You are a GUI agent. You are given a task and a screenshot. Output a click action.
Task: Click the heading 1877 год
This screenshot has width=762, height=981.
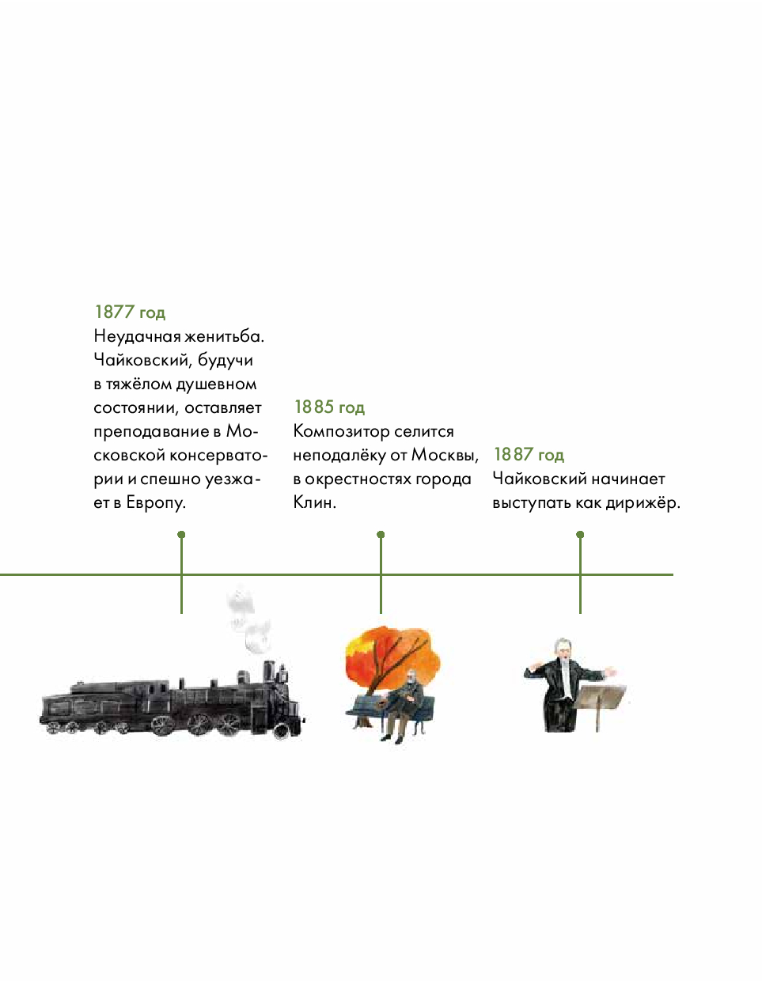[x=130, y=312]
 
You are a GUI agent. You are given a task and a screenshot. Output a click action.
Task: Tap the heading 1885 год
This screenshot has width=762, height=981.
[x=329, y=407]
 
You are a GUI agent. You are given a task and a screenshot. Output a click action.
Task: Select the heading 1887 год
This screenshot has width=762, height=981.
[x=529, y=454]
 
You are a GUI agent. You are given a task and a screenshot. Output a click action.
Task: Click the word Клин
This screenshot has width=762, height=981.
[x=315, y=502]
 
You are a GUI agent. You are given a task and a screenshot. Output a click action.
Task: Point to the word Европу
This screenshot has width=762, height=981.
[x=156, y=503]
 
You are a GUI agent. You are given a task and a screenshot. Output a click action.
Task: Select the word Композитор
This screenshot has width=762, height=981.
[x=341, y=432]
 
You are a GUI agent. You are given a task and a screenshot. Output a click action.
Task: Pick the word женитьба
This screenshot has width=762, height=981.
[x=224, y=336]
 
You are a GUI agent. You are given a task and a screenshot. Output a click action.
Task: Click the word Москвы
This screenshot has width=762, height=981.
[x=445, y=455]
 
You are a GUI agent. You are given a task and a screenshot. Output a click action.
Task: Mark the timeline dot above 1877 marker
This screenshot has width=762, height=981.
[x=181, y=535]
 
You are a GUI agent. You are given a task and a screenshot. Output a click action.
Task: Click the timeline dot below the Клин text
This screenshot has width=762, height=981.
[x=381, y=535]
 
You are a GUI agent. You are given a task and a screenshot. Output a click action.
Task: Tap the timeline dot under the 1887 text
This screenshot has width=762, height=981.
[x=580, y=535]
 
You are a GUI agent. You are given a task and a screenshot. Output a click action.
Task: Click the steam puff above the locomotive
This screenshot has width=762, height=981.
[x=248, y=619]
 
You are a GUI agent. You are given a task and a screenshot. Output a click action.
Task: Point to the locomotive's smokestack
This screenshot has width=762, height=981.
[x=270, y=671]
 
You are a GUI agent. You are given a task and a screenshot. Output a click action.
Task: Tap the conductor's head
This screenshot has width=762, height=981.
[x=563, y=648]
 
